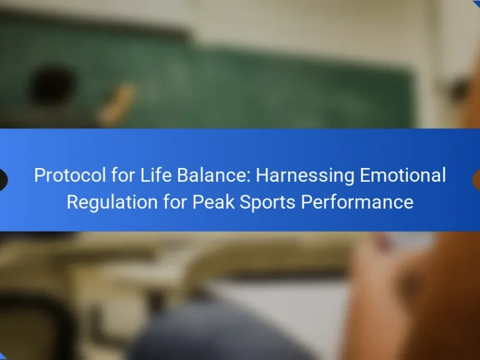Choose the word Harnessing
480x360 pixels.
pos(305,176)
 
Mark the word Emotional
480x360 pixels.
pos(403,175)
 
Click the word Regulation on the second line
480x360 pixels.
pos(112,203)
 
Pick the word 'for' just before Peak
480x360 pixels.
pos(175,202)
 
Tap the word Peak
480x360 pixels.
pos(213,202)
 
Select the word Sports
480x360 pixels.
pos(267,203)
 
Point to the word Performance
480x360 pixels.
pos(357,202)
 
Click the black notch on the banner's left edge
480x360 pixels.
pos(3,179)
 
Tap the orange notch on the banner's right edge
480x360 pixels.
pos(476,179)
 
